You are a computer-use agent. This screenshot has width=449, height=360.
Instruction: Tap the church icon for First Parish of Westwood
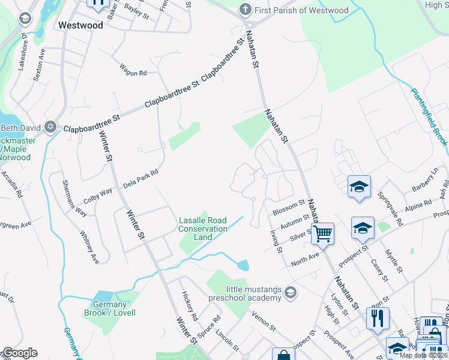245,10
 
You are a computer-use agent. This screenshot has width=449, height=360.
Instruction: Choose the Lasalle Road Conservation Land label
203,229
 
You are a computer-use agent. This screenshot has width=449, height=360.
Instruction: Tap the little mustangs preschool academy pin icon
291,293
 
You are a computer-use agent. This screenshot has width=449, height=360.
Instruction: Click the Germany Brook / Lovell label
110,308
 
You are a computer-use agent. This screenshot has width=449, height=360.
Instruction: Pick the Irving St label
276,241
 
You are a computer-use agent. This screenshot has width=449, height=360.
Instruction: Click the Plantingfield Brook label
429,117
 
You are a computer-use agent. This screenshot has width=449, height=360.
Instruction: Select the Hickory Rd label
189,306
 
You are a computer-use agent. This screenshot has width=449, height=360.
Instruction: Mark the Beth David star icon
50,127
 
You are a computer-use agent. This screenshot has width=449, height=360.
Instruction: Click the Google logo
20,353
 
